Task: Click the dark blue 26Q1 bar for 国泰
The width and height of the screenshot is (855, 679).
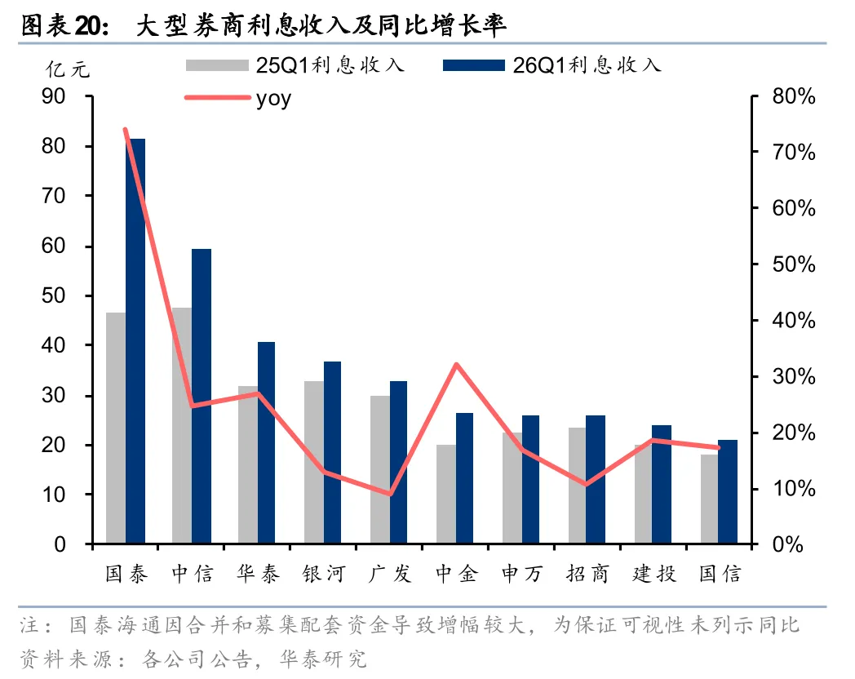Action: point(135,341)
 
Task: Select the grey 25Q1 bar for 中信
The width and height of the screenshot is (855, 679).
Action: point(182,425)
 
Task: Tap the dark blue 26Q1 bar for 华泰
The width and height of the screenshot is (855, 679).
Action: point(266,442)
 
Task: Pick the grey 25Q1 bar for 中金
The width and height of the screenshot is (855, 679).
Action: point(446,494)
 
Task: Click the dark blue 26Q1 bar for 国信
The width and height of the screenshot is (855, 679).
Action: point(728,491)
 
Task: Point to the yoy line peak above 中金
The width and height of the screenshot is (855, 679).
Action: point(456,364)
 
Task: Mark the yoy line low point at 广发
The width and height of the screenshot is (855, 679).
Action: point(390,494)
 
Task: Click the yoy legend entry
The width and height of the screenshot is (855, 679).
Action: point(238,98)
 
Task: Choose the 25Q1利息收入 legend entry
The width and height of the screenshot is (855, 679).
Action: point(295,65)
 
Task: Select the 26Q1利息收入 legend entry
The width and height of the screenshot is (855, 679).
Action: point(552,65)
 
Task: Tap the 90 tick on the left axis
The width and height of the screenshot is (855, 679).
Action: point(54,96)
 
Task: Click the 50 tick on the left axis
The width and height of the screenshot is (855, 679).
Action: point(54,295)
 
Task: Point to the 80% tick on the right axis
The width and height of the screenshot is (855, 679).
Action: point(793,96)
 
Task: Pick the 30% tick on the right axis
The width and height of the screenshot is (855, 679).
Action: point(793,377)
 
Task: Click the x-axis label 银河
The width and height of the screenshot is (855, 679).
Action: point(324,574)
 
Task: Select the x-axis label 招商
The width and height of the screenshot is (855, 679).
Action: point(587,574)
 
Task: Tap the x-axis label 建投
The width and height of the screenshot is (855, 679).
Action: point(653,574)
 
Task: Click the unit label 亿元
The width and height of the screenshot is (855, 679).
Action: point(68,69)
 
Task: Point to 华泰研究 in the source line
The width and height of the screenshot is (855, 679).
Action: point(323,659)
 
